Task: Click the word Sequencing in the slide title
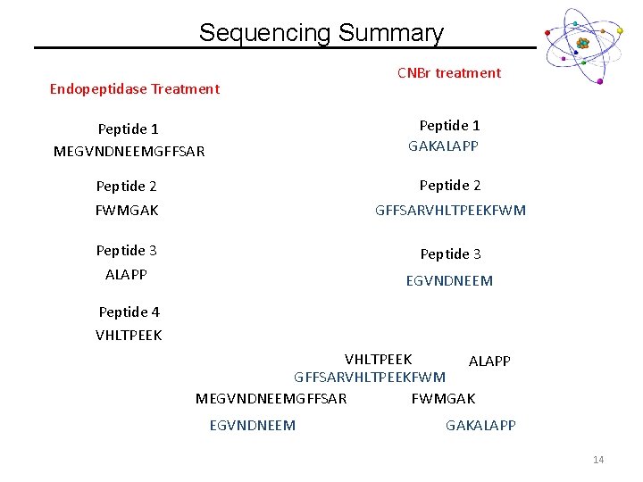point(265,34)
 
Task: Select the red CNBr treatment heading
point(449,73)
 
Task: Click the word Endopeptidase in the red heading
point(98,88)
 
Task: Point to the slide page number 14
point(597,460)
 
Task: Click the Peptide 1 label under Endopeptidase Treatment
point(128,129)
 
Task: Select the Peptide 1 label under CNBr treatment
point(449,126)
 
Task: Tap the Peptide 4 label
point(129,312)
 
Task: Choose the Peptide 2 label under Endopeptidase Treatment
point(126,187)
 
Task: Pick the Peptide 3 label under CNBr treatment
point(450,254)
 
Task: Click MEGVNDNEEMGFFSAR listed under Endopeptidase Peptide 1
point(129,152)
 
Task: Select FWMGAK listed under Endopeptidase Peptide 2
point(127,211)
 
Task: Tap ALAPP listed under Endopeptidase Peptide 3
point(126,274)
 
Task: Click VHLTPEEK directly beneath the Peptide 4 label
point(129,336)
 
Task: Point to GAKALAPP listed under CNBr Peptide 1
point(443,145)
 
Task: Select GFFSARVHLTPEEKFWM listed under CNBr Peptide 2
point(450,211)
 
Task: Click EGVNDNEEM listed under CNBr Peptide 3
point(449,281)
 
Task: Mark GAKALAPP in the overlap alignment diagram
point(480,426)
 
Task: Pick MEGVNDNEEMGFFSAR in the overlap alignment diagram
point(271,398)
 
